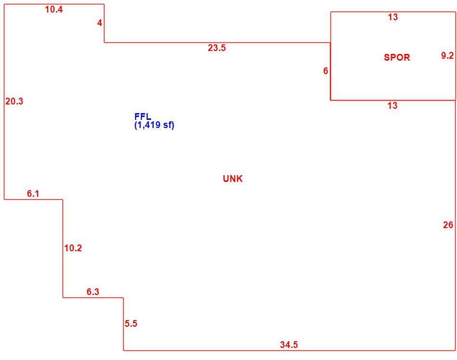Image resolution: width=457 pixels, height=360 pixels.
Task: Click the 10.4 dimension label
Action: pos(53,10)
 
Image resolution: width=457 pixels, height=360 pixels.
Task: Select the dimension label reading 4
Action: pos(100,23)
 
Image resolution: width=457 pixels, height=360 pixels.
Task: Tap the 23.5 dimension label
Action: pos(216,48)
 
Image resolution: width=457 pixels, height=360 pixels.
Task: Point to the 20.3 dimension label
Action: pos(14,101)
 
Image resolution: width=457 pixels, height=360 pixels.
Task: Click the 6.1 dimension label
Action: pos(33,193)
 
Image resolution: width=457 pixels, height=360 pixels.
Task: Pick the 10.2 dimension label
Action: pos(73,248)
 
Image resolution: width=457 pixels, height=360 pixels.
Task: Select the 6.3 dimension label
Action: pos(93,292)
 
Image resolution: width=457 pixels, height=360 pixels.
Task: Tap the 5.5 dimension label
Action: pos(131,323)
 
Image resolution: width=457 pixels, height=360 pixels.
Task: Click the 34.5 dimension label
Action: pos(289,345)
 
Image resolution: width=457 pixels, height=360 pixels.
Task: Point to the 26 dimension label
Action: pos(448,225)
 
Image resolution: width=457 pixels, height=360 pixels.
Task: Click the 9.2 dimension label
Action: pos(447,55)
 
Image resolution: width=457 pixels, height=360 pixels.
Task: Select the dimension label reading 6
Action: pos(326,71)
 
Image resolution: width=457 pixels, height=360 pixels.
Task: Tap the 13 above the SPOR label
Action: pos(393,17)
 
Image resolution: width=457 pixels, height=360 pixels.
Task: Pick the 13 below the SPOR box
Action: pos(393,105)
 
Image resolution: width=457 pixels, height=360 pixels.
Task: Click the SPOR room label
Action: pos(397,57)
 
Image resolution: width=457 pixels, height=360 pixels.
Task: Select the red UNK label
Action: pos(232,179)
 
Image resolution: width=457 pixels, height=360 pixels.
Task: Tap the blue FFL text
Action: pos(143,116)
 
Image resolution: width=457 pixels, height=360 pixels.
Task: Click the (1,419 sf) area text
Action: pos(154,125)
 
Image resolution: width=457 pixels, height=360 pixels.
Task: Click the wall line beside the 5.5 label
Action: pos(123,324)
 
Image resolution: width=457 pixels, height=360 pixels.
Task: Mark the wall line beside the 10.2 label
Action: pos(63,248)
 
